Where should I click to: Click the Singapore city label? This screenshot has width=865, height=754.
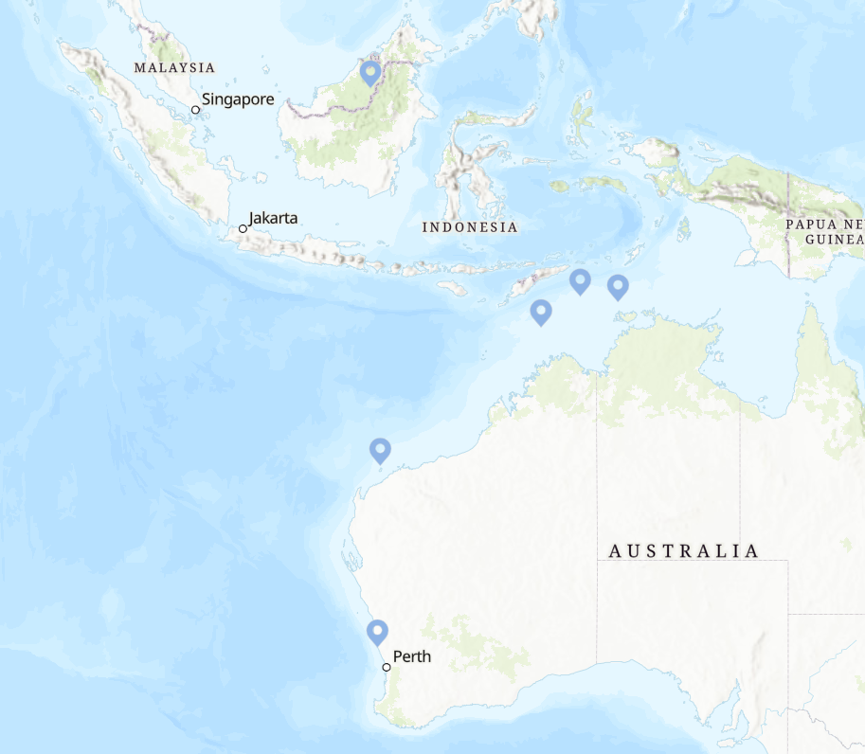coord(238,99)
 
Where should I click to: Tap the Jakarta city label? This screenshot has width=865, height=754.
coord(273,218)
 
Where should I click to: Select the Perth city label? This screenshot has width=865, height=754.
coord(411,656)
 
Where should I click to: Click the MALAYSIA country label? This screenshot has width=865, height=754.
coord(174,68)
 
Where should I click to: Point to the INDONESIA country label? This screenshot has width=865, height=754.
coord(470,227)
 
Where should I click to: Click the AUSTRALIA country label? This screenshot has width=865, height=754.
coord(683,550)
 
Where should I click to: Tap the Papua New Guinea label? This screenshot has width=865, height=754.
coord(823,232)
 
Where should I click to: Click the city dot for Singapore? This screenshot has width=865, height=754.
coord(196,110)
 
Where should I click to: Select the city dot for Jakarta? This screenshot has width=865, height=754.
coord(243,228)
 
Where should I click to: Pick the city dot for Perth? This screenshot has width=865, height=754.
coord(387,668)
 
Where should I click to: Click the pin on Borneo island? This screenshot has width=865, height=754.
coord(370,72)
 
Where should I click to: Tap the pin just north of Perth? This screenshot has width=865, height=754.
coord(377,631)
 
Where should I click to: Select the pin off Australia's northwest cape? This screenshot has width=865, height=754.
coord(380,450)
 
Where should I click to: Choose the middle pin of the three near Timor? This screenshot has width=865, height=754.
coord(580,280)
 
